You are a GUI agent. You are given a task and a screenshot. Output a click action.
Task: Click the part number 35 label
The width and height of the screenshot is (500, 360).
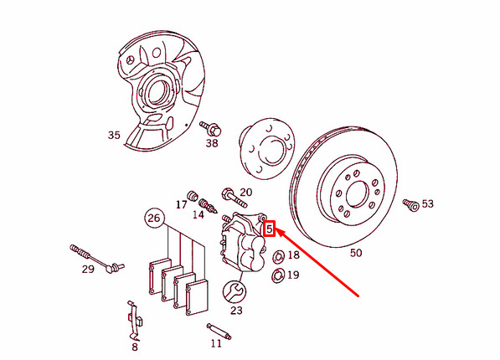pos(114,135)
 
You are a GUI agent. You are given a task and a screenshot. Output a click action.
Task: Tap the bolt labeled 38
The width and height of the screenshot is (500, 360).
pos(211,128)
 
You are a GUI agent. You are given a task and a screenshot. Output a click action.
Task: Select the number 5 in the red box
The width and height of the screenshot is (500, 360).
pos(270,229)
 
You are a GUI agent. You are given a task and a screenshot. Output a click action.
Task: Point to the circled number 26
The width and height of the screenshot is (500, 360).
pos(154,219)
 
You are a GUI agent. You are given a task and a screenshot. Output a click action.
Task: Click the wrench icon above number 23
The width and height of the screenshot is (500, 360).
pos(235,291)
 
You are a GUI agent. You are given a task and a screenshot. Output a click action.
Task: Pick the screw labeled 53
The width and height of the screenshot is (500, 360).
pos(411,205)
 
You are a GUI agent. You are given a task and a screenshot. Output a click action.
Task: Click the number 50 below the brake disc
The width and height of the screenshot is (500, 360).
pos(356,253)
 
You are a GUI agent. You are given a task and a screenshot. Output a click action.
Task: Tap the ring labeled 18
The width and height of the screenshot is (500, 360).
pos(278,257)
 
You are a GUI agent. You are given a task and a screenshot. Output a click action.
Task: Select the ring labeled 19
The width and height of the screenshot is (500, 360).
pos(278,275)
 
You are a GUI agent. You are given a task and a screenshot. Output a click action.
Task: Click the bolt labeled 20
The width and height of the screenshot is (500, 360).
pos(234,198)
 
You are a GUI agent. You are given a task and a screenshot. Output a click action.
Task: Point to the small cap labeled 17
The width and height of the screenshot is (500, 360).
pos(193,196)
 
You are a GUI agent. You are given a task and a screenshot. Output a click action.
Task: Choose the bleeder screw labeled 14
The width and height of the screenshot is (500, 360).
pos(208,206)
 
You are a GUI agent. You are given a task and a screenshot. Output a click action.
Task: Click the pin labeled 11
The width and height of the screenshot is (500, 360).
pos(219,332)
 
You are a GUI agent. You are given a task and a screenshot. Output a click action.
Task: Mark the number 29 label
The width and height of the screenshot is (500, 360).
pos(88,269)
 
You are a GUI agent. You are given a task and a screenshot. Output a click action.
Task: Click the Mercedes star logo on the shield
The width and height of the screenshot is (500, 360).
pos(130,60)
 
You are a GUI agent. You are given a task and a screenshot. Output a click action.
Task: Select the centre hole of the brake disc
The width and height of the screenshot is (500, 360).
pos(357,194)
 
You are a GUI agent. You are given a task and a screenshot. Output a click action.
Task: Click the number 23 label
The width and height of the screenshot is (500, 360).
pos(236,311)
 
